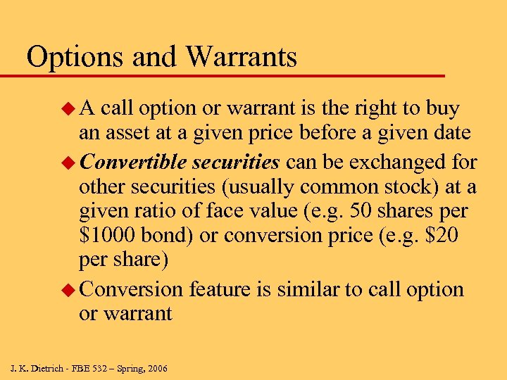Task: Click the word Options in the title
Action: [x=77, y=57]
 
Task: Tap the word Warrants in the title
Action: [x=239, y=57]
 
